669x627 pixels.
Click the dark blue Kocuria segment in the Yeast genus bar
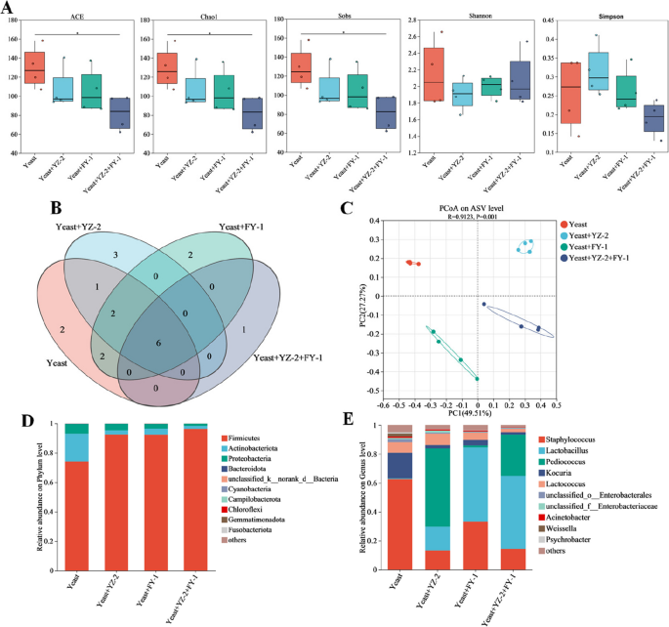pyautogui.click(x=398, y=465)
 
